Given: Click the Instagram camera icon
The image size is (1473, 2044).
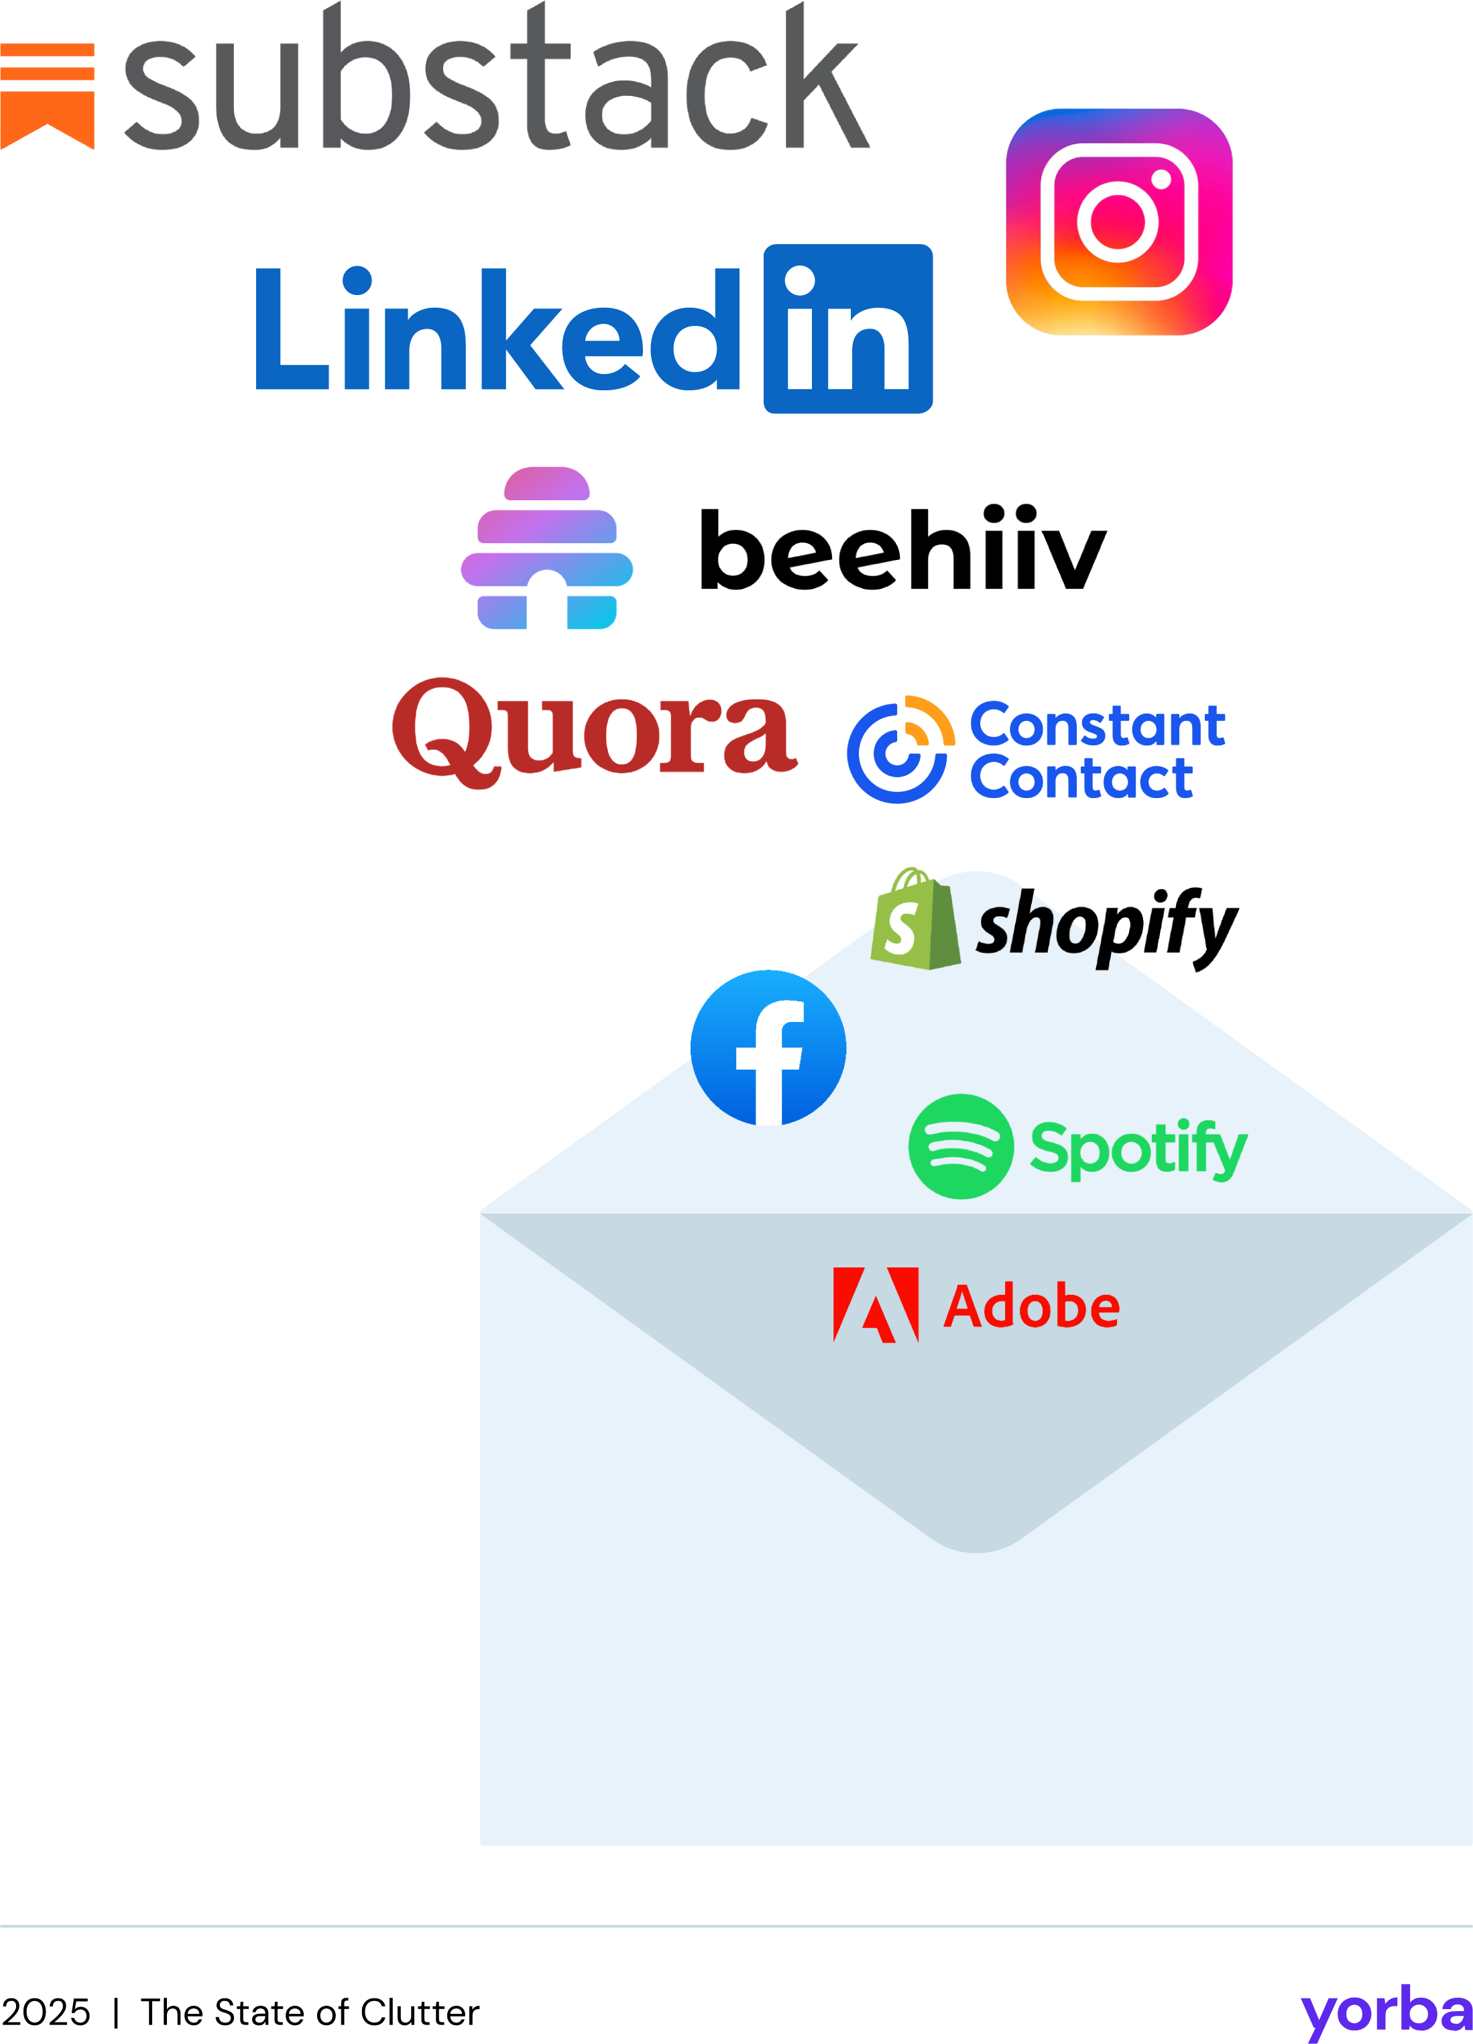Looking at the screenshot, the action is point(1118,223).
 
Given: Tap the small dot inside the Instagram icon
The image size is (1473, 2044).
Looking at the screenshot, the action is point(1161,178).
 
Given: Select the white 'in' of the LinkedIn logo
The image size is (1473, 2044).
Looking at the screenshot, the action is point(846,330).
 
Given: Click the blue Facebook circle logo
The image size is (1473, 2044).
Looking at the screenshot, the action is point(768,1047).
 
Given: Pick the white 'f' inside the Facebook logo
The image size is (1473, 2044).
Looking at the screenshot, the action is point(770,1059).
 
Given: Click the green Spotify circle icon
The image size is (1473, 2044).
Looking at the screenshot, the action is point(960,1146).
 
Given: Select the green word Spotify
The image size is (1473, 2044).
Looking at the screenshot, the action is point(1137,1149).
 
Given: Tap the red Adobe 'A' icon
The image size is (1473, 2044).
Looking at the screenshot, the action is point(875,1305).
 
